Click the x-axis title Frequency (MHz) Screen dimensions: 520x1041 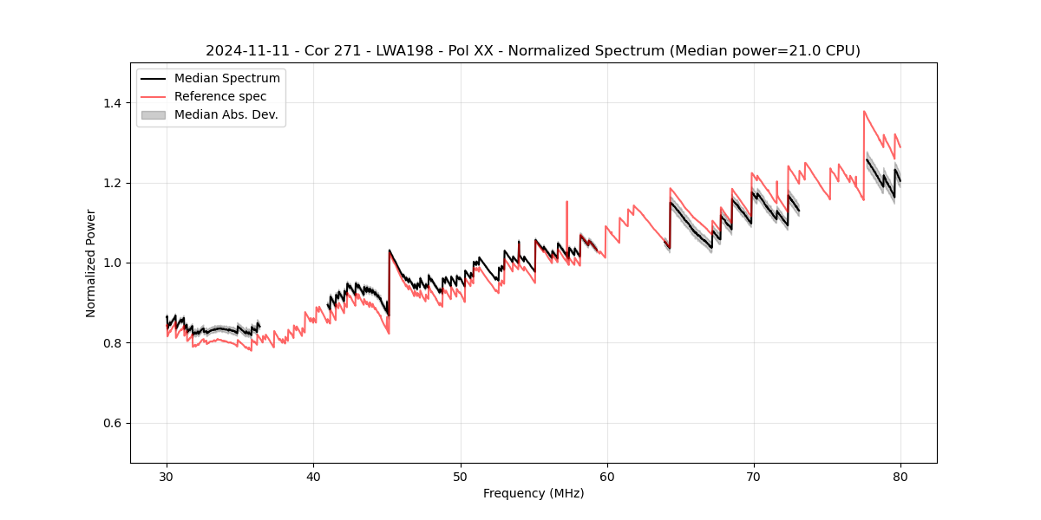(534, 493)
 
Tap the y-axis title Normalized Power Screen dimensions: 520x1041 (91, 263)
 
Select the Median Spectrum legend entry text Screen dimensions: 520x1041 (226, 79)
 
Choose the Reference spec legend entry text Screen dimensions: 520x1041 (220, 96)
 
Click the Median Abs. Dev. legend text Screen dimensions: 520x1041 (226, 114)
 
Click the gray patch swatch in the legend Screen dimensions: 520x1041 (153, 114)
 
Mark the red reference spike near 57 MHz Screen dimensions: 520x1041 (566, 202)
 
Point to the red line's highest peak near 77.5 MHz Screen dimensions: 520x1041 (864, 111)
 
